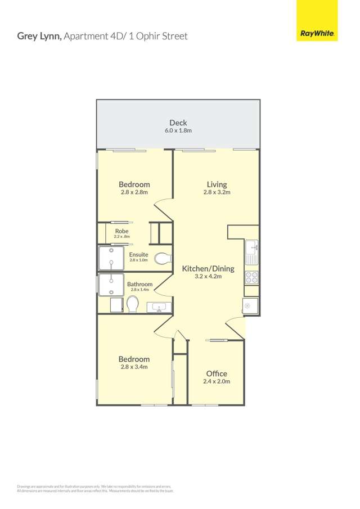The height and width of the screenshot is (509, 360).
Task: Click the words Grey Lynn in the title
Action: click(x=39, y=36)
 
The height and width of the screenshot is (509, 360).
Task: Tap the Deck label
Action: click(x=178, y=123)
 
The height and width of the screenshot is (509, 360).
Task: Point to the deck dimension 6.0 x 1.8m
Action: click(x=178, y=130)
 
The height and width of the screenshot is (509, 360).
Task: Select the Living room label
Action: click(x=217, y=184)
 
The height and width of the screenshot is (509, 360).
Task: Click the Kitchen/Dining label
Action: click(x=208, y=268)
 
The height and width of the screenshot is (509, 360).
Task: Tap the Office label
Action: click(x=217, y=373)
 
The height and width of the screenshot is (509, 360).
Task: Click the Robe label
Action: click(x=121, y=231)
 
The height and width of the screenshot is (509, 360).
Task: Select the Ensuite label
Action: click(x=138, y=254)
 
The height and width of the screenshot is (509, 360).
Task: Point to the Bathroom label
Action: click(x=139, y=284)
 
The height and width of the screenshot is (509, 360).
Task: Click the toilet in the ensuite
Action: click(x=163, y=259)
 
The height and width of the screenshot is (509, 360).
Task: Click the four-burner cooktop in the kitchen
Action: click(x=251, y=277)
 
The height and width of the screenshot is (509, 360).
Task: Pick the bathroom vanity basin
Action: click(x=159, y=307)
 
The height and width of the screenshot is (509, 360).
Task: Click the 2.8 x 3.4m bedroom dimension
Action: click(x=134, y=367)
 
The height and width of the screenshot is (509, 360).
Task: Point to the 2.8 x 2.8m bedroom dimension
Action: click(x=134, y=192)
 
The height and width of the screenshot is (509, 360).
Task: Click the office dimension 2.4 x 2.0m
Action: click(x=217, y=381)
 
